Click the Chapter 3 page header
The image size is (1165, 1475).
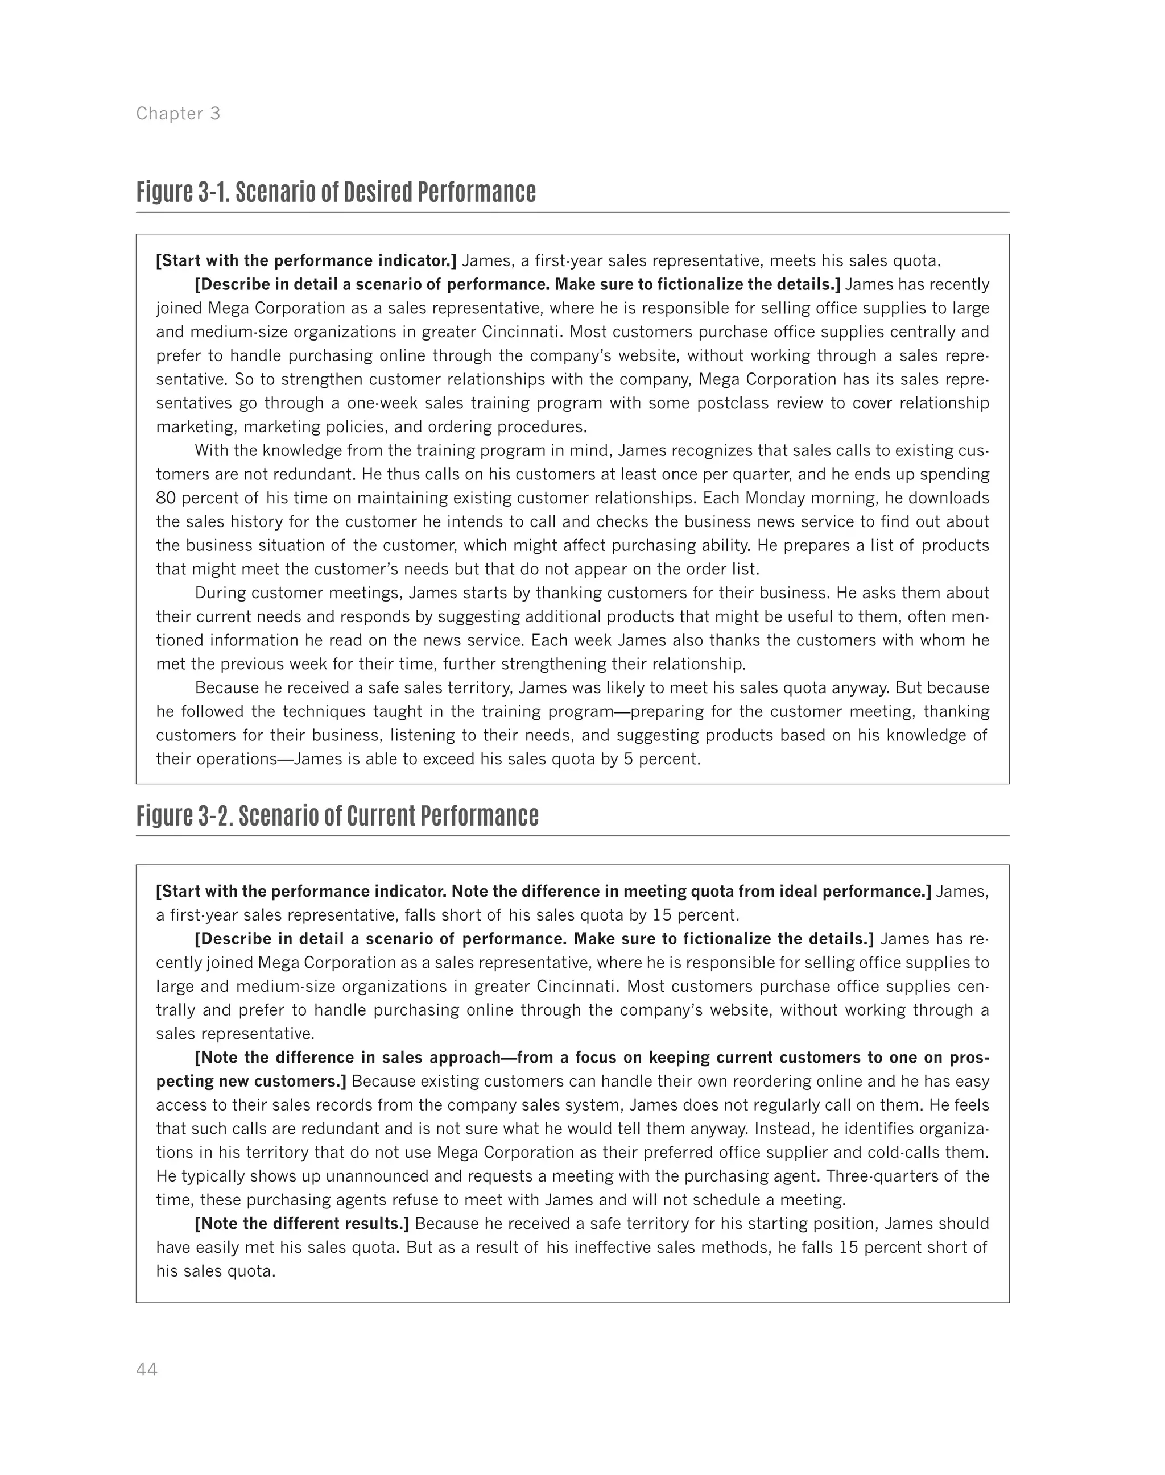178,113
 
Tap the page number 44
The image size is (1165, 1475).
147,1369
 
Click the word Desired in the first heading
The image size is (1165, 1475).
377,192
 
